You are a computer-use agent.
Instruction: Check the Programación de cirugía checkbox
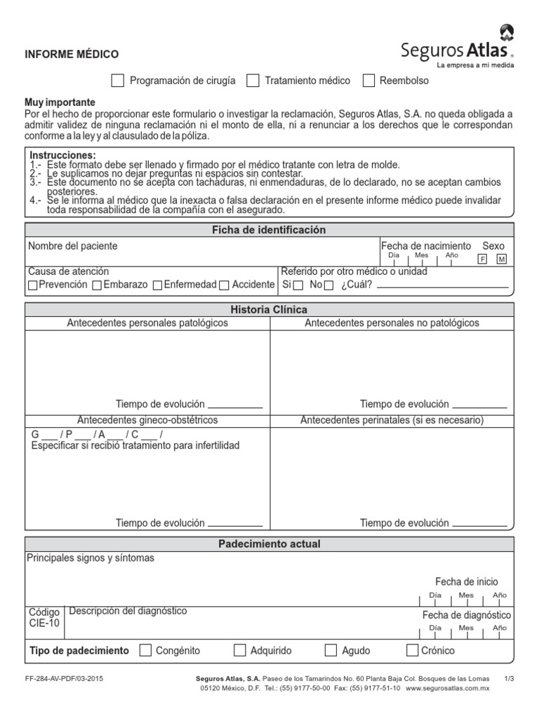click(118, 81)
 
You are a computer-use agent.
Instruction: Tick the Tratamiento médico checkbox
click(253, 81)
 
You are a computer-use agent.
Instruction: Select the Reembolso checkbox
click(368, 81)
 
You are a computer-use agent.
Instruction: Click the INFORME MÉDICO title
click(72, 54)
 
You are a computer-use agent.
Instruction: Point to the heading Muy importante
click(60, 102)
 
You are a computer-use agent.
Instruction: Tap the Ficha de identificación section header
click(269, 230)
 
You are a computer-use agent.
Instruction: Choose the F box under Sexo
click(482, 259)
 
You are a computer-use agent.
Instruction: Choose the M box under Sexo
click(501, 259)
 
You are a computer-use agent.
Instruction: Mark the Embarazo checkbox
click(97, 285)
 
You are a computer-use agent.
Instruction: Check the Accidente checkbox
click(224, 285)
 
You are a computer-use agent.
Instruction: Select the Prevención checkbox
click(33, 285)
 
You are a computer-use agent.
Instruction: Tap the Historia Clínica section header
click(269, 309)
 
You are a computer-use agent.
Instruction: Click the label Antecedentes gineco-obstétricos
click(147, 420)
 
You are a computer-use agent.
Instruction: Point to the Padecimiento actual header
click(269, 544)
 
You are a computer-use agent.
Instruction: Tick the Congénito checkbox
click(145, 650)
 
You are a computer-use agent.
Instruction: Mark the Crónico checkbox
click(413, 650)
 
